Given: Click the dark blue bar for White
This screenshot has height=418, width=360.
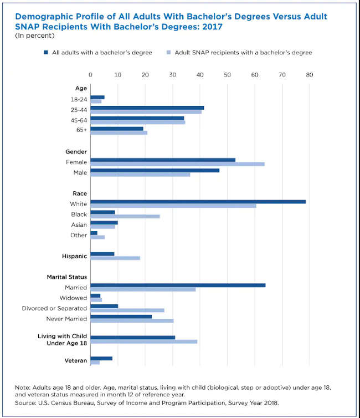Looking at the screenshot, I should [x=198, y=201].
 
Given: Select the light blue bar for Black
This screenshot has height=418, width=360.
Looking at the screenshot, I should [x=125, y=216].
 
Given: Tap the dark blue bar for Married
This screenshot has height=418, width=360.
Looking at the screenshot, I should [x=178, y=285].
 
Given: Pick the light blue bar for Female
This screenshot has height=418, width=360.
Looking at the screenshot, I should [x=177, y=164].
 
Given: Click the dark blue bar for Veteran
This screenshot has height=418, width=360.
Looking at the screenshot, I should [x=101, y=358].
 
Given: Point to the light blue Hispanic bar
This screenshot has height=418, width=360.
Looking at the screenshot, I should [x=115, y=258].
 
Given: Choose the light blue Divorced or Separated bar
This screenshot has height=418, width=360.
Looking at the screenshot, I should [x=127, y=310].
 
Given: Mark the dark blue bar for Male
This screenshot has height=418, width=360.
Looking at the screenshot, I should [x=155, y=170].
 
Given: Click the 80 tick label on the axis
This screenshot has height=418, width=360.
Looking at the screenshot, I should [x=310, y=74].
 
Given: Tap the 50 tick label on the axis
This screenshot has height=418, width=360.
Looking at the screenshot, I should [x=228, y=74].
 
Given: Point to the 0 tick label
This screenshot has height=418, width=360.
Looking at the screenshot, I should [x=90, y=74].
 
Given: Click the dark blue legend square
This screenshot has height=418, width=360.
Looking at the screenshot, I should [x=47, y=53].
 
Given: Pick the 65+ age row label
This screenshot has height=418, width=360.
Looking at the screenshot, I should [x=80, y=130].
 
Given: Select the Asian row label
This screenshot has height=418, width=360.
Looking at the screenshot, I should [x=79, y=225].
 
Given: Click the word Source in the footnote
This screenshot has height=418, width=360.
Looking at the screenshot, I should [x=24, y=404].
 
